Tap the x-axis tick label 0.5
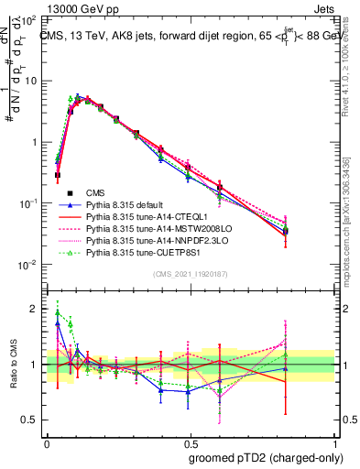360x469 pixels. pyautogui.click(x=189, y=442)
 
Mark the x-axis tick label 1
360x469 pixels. pyautogui.click(x=333, y=442)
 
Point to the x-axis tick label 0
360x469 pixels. pyautogui.click(x=47, y=442)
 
